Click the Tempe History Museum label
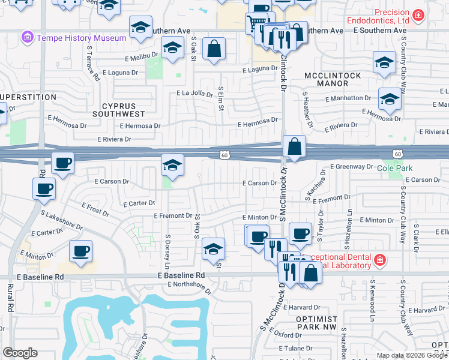pos(82,38)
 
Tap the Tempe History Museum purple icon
pos(27,38)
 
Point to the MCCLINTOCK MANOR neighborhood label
pos(333,80)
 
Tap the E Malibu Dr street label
pos(143,59)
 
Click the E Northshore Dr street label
pos(190,286)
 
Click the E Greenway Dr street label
pos(352,167)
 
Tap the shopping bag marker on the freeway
pos(295,147)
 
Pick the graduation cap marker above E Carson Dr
pos(172,166)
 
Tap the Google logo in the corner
pos(20,353)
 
